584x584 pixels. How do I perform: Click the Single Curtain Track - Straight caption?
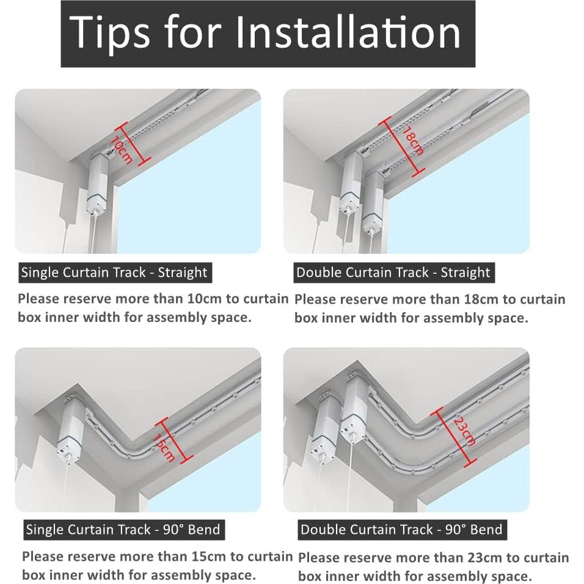[x=114, y=272]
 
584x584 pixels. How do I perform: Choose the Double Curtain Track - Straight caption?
[x=393, y=272]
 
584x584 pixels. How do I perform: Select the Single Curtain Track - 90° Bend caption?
[x=123, y=530]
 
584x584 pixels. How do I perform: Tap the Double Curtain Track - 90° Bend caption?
[x=401, y=530]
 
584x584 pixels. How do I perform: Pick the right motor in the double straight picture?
[x=373, y=202]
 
